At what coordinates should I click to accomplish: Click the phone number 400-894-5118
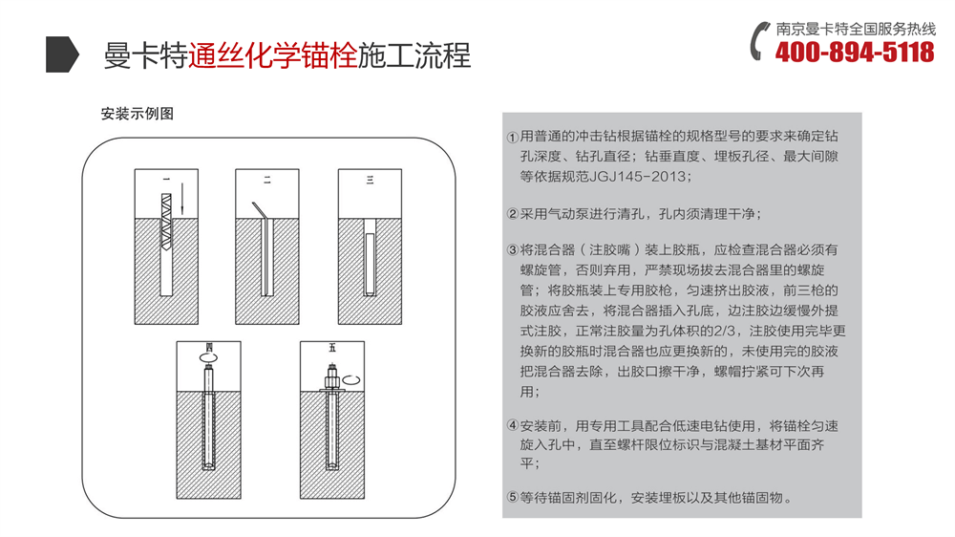(x=855, y=53)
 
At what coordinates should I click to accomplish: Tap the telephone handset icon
(x=760, y=41)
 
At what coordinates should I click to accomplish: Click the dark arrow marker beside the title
(x=62, y=55)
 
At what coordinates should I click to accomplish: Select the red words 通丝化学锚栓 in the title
(x=272, y=55)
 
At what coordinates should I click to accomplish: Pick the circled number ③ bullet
(x=512, y=251)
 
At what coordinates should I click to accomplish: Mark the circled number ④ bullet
(x=512, y=425)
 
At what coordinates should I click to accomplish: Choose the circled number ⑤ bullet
(x=512, y=498)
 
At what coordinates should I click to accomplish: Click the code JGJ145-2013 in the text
(x=636, y=177)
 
